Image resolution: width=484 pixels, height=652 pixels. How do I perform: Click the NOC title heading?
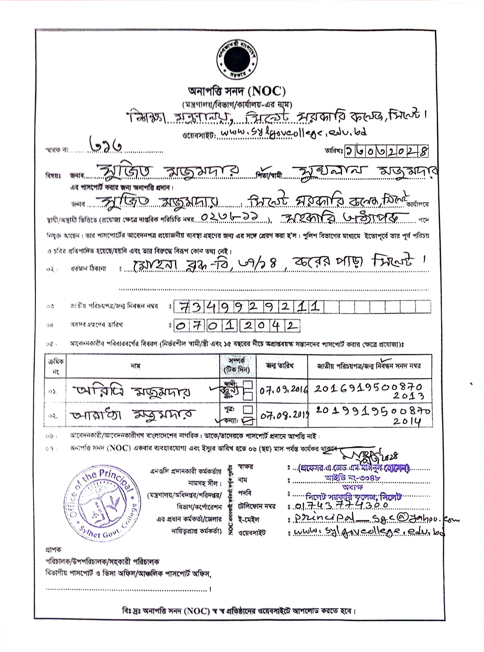click(237, 92)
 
